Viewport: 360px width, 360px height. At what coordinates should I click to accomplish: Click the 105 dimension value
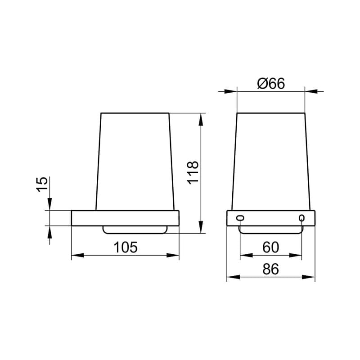(126, 247)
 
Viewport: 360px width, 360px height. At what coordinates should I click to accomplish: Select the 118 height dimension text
(193, 173)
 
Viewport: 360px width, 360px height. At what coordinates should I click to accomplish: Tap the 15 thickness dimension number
(42, 184)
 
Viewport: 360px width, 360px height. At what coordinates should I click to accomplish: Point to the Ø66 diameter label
(271, 83)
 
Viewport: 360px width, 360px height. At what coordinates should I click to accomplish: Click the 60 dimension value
(271, 247)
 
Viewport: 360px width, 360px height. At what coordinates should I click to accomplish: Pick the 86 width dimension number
(271, 269)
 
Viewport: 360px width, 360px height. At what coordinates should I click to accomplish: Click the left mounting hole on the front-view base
(240, 218)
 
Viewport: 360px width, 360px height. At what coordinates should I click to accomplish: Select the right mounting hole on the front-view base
(301, 218)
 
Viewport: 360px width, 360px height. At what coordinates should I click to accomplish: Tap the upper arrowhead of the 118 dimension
(201, 120)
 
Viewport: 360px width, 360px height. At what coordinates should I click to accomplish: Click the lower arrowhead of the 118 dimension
(201, 227)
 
